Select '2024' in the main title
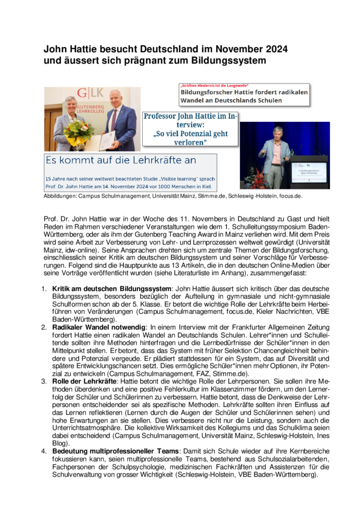[x=272, y=49]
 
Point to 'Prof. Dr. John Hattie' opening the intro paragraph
[x=73, y=218]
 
